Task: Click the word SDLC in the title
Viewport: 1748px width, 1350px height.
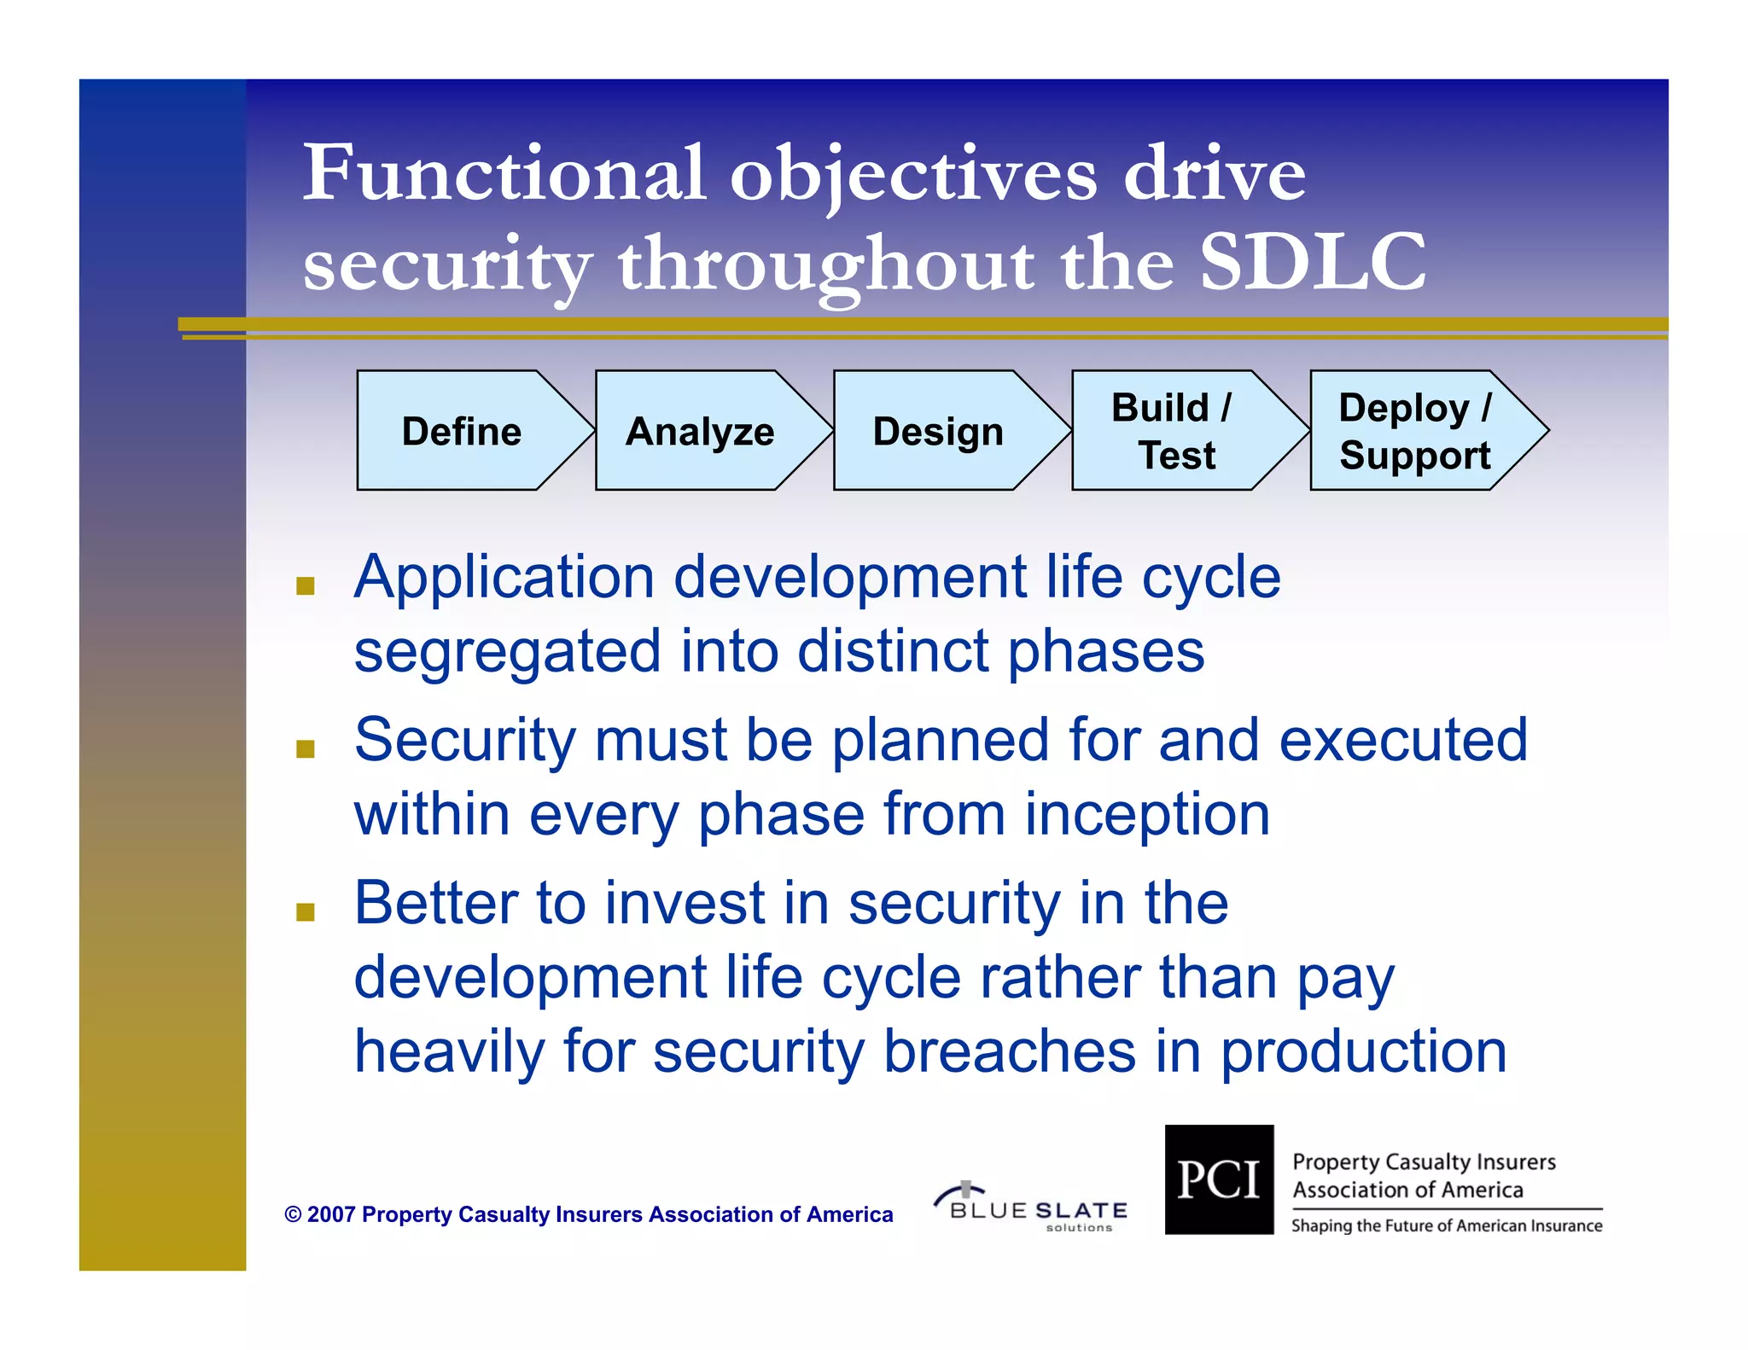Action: pos(1312,262)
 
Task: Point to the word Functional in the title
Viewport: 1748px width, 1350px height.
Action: pos(504,173)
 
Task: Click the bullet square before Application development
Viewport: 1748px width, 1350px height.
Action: pos(306,585)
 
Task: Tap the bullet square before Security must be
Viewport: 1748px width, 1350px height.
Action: pos(306,748)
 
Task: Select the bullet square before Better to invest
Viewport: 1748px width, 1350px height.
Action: pos(306,912)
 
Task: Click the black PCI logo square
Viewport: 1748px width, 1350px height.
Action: pos(1219,1179)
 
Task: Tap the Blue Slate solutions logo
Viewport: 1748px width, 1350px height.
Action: pos(1031,1207)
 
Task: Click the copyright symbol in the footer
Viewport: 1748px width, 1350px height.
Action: pos(293,1214)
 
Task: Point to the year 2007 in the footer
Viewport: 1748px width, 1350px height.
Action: pos(330,1214)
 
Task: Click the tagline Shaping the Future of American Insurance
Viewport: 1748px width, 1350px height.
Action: pos(1446,1226)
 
